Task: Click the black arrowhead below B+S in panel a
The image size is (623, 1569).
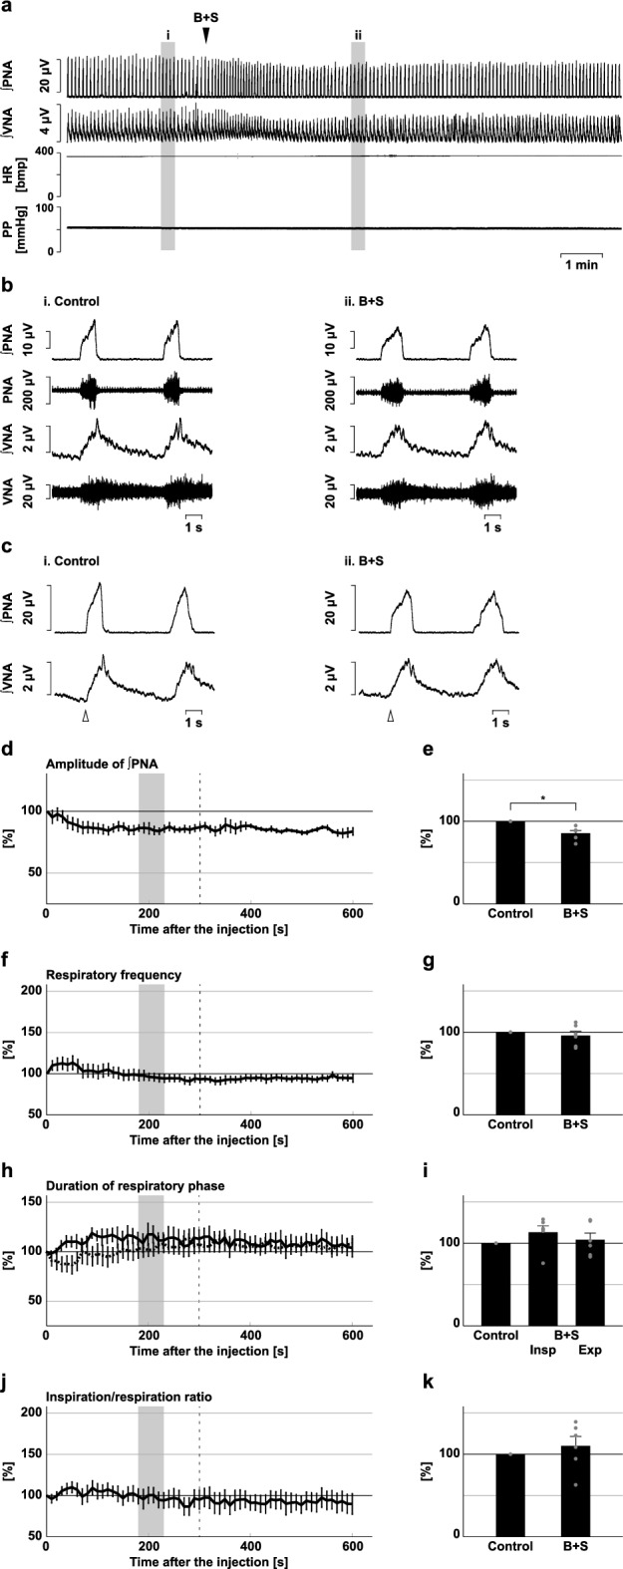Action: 206,35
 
